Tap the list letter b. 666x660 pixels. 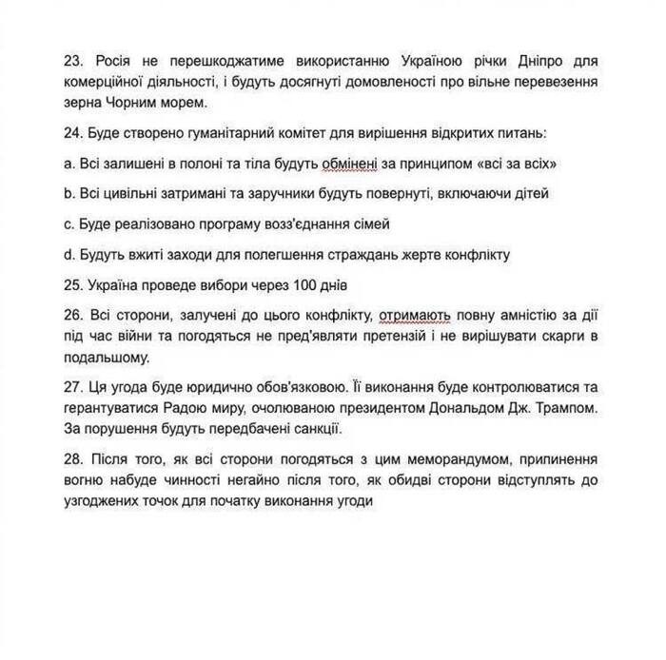[x=71, y=193]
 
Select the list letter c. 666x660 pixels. [x=71, y=223]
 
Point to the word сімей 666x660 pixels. [x=370, y=223]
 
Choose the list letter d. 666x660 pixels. [x=71, y=254]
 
